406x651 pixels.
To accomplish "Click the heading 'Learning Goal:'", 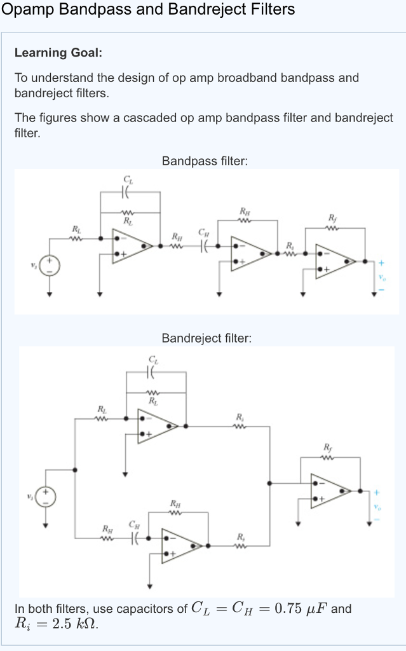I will pos(58,53).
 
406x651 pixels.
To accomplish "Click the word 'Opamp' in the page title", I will pos(27,10).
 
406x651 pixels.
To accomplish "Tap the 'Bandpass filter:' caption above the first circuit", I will pos(205,161).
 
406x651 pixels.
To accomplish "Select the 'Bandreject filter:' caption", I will pos(206,338).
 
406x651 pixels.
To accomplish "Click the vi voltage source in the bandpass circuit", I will pos(50,265).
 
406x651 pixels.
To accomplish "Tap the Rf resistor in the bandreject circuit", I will pos(328,456).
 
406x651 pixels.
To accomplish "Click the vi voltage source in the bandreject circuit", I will pos(46,495).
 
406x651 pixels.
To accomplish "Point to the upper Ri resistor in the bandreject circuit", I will pos(240,426).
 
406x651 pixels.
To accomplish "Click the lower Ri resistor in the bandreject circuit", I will pos(240,545).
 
